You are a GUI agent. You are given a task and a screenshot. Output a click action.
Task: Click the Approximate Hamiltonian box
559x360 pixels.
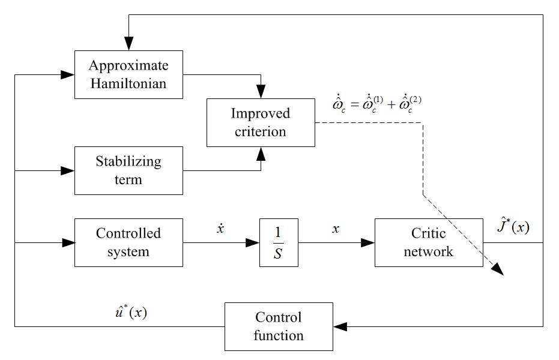pyautogui.click(x=128, y=74)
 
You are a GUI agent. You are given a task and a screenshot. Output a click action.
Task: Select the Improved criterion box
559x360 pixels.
pyautogui.click(x=261, y=122)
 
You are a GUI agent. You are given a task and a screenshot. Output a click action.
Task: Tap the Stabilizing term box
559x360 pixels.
pyautogui.click(x=128, y=170)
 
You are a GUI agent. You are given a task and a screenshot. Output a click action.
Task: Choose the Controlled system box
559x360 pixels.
pyautogui.click(x=128, y=242)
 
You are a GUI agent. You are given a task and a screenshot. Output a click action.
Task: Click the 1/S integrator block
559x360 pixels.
pyautogui.click(x=279, y=242)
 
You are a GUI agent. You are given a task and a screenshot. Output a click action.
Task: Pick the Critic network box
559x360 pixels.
pyautogui.click(x=429, y=242)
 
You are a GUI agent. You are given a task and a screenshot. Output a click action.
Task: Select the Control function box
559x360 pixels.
pyautogui.click(x=279, y=326)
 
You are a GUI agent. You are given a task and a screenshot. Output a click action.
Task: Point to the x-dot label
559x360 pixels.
pyautogui.click(x=220, y=229)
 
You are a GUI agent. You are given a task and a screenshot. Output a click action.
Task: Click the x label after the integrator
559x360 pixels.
pyautogui.click(x=335, y=229)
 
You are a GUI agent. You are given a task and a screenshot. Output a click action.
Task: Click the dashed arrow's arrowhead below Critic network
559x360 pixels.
pyautogui.click(x=497, y=270)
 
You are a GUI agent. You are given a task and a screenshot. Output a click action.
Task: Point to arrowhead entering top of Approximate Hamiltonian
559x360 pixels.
pyautogui.click(x=128, y=45)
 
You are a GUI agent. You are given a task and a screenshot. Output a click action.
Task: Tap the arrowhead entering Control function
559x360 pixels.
pyautogui.click(x=340, y=326)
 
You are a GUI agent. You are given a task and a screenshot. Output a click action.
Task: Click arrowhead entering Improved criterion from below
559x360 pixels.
pyautogui.click(x=261, y=153)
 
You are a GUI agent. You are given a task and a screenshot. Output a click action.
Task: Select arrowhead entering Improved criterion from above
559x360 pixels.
pyautogui.click(x=261, y=92)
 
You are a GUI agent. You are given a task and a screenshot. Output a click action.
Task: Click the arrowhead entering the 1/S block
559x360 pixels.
pyautogui.click(x=253, y=242)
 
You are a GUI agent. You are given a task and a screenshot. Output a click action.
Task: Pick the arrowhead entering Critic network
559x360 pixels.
pyautogui.click(x=368, y=242)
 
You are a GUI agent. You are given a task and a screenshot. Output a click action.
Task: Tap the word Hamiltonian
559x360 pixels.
pyautogui.click(x=128, y=83)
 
